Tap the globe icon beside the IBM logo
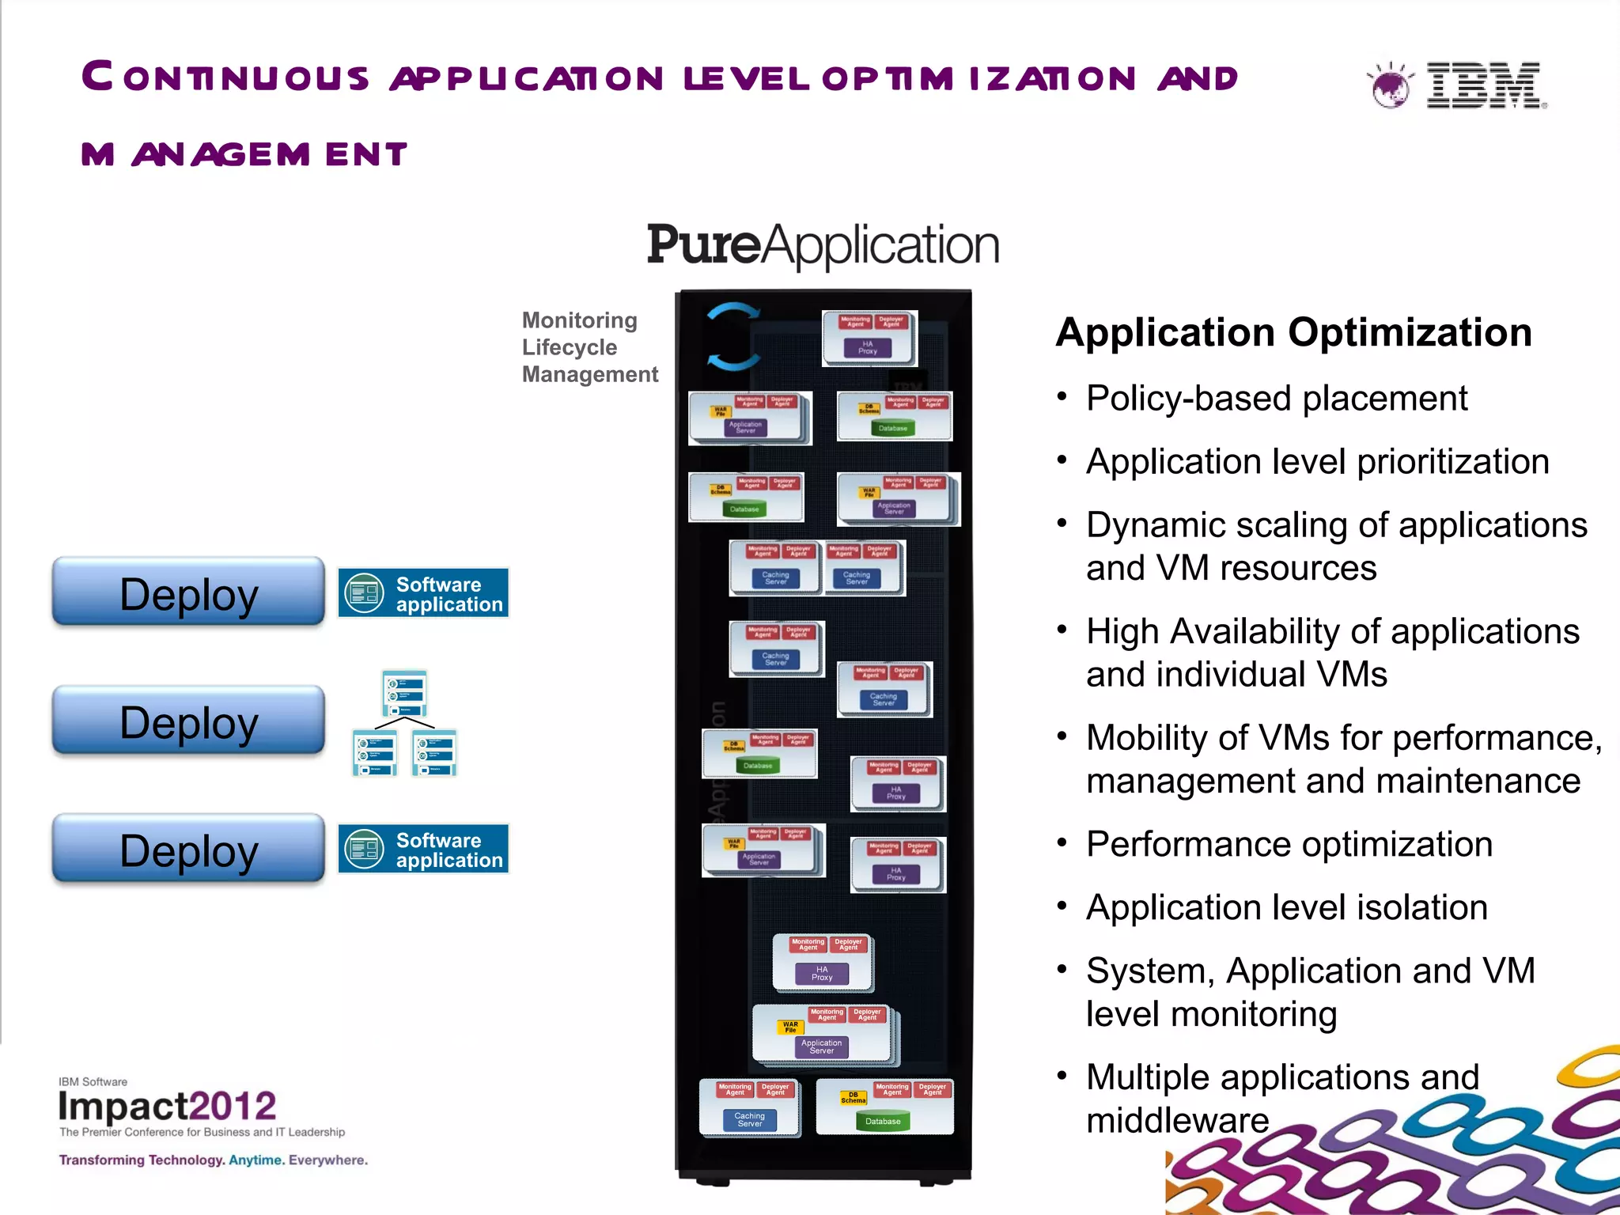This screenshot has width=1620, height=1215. [1390, 85]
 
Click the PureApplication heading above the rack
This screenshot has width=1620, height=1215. [823, 244]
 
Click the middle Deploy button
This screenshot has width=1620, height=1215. [188, 721]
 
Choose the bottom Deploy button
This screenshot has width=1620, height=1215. [188, 850]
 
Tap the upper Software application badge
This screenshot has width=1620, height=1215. [423, 593]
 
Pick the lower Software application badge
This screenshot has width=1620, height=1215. [423, 849]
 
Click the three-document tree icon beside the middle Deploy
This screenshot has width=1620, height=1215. [404, 723]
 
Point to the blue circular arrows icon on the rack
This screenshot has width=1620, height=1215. [732, 337]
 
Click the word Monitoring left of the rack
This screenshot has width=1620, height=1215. [579, 320]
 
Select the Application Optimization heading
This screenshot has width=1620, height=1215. [1293, 332]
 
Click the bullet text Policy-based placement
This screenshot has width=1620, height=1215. [1276, 398]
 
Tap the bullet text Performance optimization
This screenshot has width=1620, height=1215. [1289, 844]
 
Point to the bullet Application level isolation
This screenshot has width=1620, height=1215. [1286, 907]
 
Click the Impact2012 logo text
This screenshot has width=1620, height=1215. [167, 1106]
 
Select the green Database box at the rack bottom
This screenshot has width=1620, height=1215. [883, 1121]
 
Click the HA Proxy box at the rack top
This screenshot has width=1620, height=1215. [868, 347]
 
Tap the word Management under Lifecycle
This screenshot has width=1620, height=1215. [589, 374]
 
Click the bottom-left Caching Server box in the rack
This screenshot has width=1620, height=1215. [749, 1119]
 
